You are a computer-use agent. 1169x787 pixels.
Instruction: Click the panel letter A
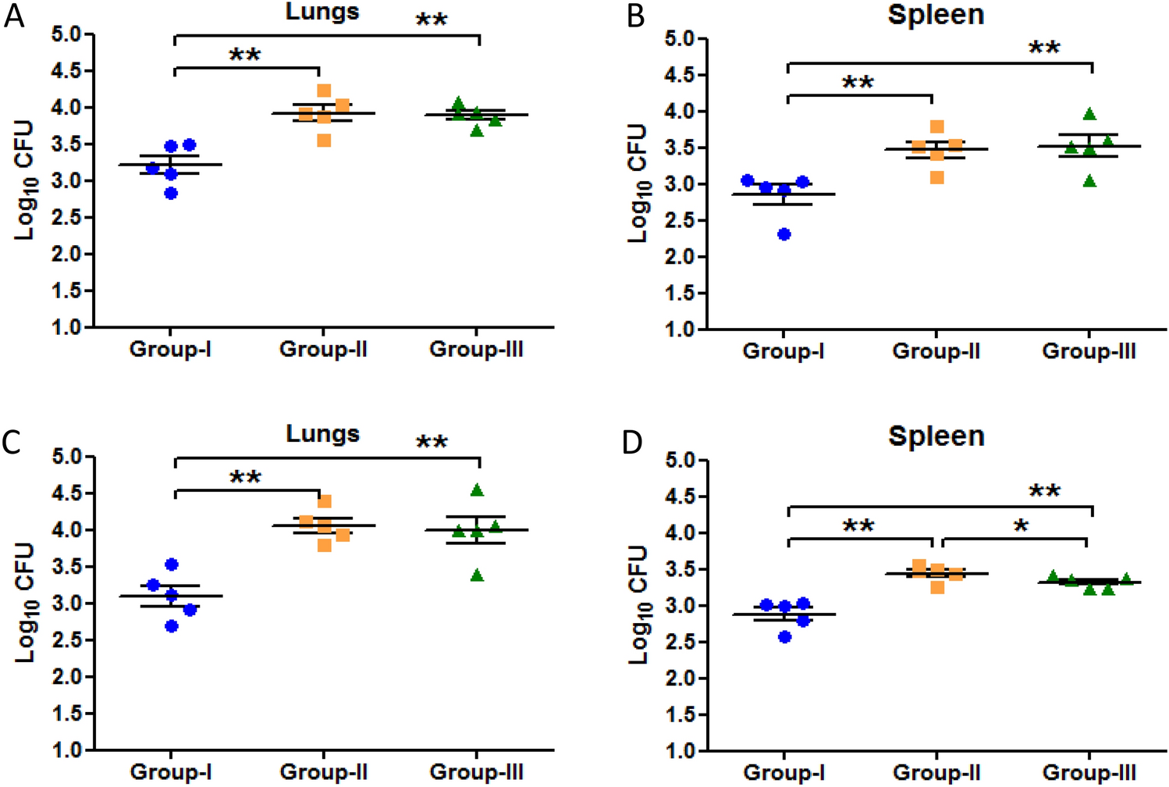(14, 16)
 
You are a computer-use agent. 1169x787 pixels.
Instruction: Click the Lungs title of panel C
(322, 433)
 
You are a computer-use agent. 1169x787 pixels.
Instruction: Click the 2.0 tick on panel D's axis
(680, 678)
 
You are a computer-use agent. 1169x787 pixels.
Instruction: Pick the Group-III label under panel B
(1089, 351)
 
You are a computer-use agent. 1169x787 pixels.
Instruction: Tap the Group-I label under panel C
(170, 772)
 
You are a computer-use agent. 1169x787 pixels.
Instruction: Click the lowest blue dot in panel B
(784, 234)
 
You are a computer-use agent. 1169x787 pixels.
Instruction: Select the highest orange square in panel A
(324, 91)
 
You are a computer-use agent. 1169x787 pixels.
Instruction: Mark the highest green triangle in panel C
(477, 490)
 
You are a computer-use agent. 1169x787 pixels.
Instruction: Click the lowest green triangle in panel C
(477, 576)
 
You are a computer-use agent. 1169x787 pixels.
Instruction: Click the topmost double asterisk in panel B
(1044, 48)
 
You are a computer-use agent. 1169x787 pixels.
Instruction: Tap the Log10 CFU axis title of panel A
(25, 180)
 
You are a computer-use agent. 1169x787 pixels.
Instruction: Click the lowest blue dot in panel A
(171, 193)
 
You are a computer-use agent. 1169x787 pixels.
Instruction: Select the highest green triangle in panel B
(1089, 115)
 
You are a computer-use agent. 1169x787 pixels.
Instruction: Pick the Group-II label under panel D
(936, 773)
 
